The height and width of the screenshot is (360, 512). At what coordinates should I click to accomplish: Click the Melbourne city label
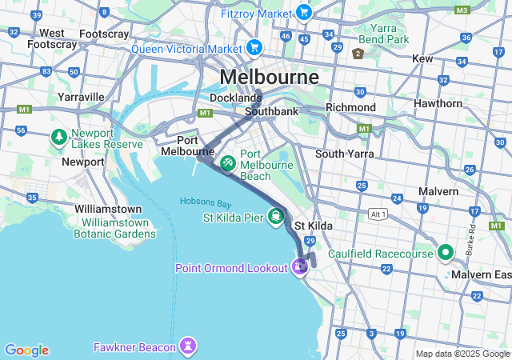[x=269, y=77]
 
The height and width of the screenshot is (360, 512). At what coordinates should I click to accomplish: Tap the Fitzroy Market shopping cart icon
[x=303, y=12]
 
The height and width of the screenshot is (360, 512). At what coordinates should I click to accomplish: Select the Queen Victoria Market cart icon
[x=254, y=48]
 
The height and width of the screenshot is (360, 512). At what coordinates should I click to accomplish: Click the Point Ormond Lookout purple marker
[x=300, y=267]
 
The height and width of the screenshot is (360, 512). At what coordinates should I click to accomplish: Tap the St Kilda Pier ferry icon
[x=276, y=217]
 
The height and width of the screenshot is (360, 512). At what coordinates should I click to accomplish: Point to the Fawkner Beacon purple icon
[x=188, y=346]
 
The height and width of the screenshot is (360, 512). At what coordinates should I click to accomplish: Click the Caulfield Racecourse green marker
[x=445, y=253]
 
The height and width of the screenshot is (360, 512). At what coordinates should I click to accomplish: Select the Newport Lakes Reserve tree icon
[x=59, y=138]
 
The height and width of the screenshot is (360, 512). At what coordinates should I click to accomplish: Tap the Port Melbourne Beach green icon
[x=228, y=162]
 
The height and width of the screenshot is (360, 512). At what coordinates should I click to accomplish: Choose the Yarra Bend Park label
[x=383, y=34]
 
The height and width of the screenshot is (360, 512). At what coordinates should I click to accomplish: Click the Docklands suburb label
[x=235, y=98]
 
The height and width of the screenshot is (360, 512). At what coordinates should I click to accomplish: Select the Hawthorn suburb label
[x=438, y=104]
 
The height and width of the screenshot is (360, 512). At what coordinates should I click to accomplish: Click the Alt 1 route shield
[x=378, y=214]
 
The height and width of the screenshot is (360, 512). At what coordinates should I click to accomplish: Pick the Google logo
[x=26, y=350]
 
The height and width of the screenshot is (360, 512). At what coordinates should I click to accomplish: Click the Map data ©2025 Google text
[x=462, y=354]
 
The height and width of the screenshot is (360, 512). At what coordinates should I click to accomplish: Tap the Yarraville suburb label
[x=81, y=97]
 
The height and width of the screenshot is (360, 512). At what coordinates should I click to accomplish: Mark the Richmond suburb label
[x=350, y=107]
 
